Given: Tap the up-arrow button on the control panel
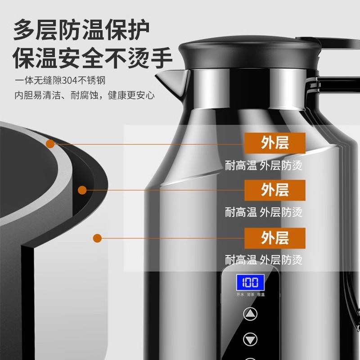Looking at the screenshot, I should tap(250, 314).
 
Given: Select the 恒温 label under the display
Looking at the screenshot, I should tap(260, 295).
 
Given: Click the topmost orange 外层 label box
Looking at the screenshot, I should tap(274, 144).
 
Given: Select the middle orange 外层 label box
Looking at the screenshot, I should tap(274, 190).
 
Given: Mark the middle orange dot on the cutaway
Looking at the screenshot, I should tap(82, 190).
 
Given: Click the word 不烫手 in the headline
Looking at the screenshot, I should tap(149, 58).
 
